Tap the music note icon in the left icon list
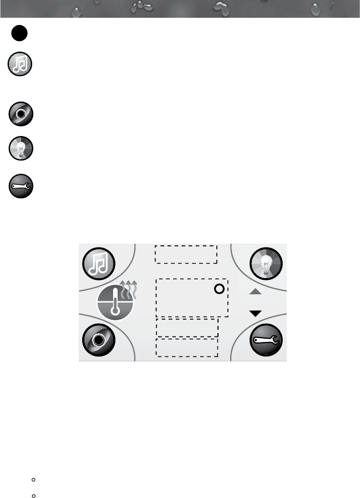click(21, 66)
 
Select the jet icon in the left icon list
click(21, 114)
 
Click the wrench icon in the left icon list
click(21, 186)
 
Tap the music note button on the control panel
click(99, 263)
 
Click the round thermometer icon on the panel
click(115, 304)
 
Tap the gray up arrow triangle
click(255, 291)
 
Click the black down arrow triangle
click(255, 314)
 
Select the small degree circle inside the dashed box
click(219, 289)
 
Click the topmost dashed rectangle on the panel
click(186, 254)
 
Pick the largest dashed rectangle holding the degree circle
click(191, 298)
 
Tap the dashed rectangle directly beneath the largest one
click(187, 328)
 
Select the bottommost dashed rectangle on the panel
click(187, 348)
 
